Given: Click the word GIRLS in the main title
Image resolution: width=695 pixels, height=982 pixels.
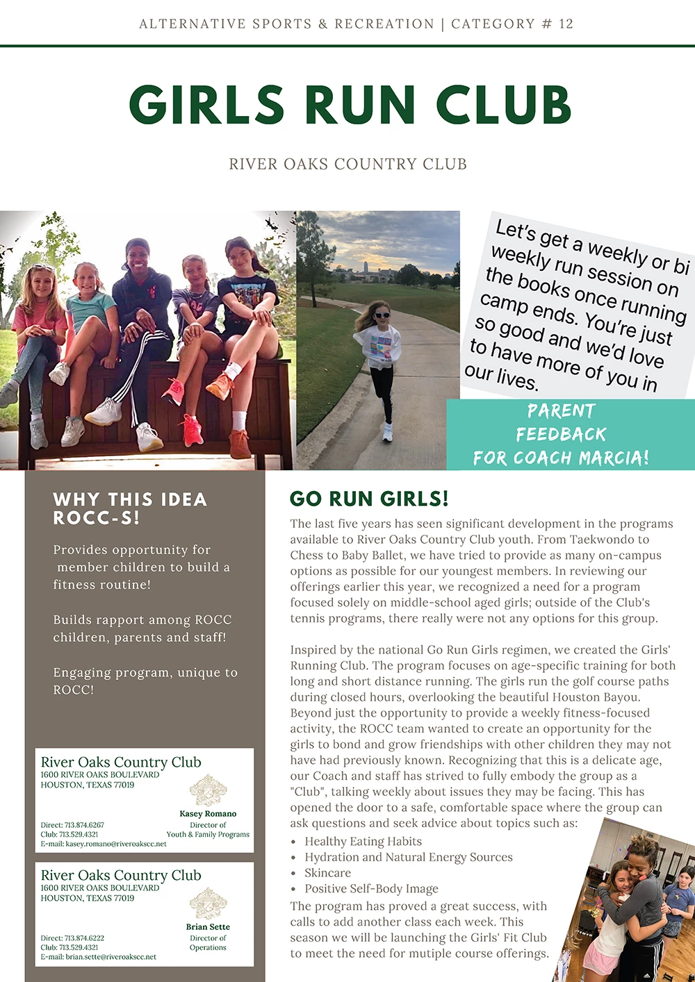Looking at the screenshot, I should (x=206, y=106).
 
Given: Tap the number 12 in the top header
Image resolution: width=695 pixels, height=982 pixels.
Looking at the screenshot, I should (x=566, y=24).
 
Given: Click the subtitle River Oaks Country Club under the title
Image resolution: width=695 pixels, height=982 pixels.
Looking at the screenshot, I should (x=347, y=165).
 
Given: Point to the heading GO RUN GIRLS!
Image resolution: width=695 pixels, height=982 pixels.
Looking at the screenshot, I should (x=369, y=499).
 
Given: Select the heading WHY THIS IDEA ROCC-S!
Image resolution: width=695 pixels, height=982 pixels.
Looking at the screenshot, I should (x=130, y=508).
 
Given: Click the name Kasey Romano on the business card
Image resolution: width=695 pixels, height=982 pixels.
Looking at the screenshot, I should (x=208, y=813).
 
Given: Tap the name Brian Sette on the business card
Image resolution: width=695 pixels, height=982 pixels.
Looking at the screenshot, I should (x=208, y=926).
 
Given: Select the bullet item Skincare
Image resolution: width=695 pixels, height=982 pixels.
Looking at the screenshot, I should (x=327, y=873).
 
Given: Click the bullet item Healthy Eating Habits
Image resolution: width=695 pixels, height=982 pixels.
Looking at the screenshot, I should (x=363, y=841).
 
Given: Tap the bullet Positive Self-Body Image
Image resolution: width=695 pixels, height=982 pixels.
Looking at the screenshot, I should (x=371, y=889).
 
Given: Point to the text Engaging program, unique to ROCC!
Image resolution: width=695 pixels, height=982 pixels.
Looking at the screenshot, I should (x=145, y=681).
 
